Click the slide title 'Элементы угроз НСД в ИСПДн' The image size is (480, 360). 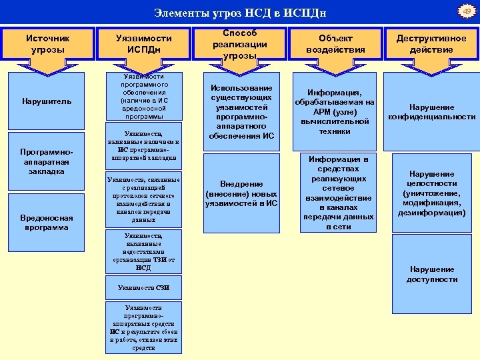click(x=240, y=13)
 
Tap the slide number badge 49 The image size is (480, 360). click(x=467, y=11)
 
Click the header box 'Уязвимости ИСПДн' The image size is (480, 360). click(x=143, y=45)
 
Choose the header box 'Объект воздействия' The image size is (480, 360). click(x=335, y=45)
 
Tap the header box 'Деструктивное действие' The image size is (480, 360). click(x=431, y=45)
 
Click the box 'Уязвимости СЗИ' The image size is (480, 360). click(x=143, y=287)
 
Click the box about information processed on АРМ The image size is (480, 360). click(x=335, y=112)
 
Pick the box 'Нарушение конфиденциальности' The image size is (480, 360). click(x=431, y=112)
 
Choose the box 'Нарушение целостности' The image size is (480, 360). click(x=431, y=193)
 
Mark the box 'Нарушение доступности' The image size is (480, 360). click(x=431, y=274)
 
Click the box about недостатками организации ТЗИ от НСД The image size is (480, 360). click(x=143, y=252)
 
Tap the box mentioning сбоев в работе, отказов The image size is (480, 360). click(x=143, y=327)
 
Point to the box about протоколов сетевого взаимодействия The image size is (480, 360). click(x=143, y=200)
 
